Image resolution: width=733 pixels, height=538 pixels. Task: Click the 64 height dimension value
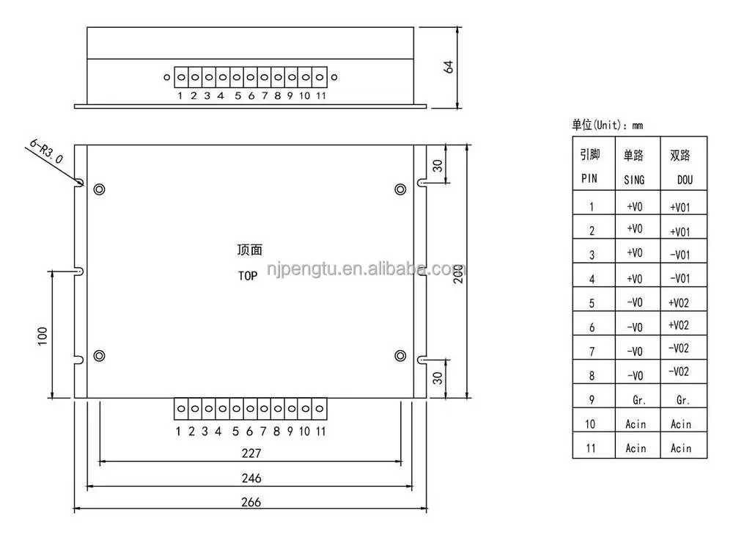click(449, 67)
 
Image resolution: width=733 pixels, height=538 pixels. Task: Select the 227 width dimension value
click(250, 454)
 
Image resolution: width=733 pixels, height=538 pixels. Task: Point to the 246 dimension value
click(250, 479)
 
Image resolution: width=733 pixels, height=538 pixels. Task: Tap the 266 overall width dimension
click(250, 503)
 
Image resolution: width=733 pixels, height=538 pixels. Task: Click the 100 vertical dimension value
click(42, 335)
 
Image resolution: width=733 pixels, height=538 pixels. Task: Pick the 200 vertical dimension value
click(457, 272)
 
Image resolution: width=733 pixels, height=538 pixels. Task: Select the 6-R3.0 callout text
click(47, 152)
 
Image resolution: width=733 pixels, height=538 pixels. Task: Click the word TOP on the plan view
click(248, 277)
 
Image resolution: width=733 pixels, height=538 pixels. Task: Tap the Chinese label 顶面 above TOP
click(249, 250)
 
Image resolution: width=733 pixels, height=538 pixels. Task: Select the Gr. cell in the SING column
click(637, 401)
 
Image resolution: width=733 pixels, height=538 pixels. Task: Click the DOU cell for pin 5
click(679, 302)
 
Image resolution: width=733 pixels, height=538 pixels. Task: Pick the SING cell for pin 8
click(635, 376)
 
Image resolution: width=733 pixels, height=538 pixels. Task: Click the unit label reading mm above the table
click(636, 126)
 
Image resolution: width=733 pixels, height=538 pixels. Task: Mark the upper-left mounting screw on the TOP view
click(99, 189)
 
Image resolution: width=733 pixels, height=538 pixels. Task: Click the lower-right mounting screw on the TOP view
click(399, 356)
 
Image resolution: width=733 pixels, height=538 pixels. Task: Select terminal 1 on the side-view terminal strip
click(180, 76)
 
